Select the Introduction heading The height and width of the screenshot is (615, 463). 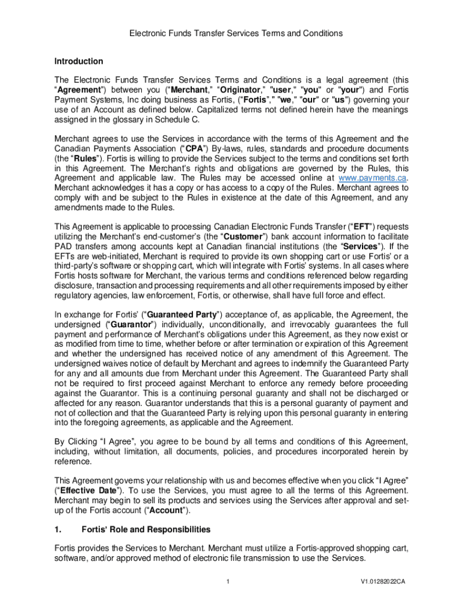[x=79, y=61]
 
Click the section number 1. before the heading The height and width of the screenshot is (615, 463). [x=58, y=530]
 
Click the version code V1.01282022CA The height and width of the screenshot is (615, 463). [x=383, y=582]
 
